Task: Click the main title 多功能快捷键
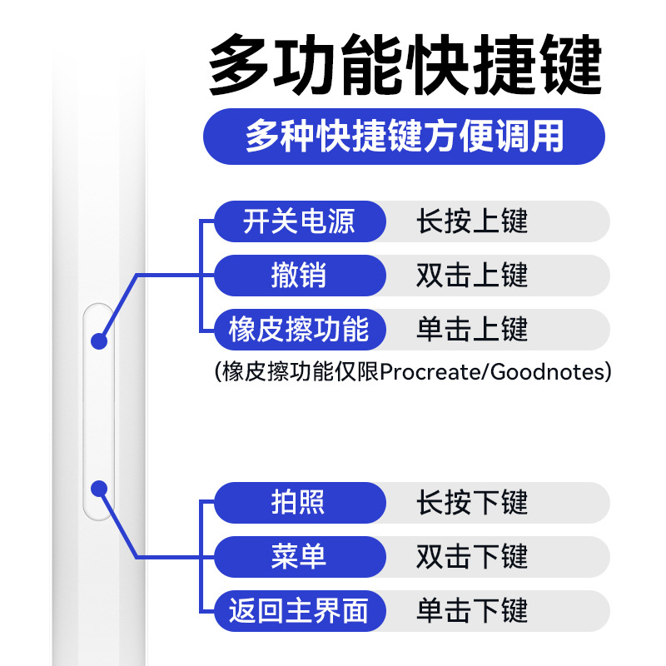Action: (405, 65)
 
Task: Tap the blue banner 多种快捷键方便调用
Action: (404, 136)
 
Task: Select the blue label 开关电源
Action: (299, 221)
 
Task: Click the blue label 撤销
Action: (299, 276)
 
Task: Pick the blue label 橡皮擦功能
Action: (299, 330)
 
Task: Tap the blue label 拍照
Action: (299, 503)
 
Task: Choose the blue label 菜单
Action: (299, 557)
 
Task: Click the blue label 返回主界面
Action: (299, 611)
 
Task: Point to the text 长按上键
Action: (472, 221)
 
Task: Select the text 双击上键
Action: (472, 276)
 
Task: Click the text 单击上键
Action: (472, 330)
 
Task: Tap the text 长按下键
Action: (472, 503)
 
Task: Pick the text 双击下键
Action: (472, 557)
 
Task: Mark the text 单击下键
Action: (472, 611)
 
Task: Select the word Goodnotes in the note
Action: (546, 371)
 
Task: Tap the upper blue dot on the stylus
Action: (99, 340)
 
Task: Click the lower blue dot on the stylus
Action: (99, 489)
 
